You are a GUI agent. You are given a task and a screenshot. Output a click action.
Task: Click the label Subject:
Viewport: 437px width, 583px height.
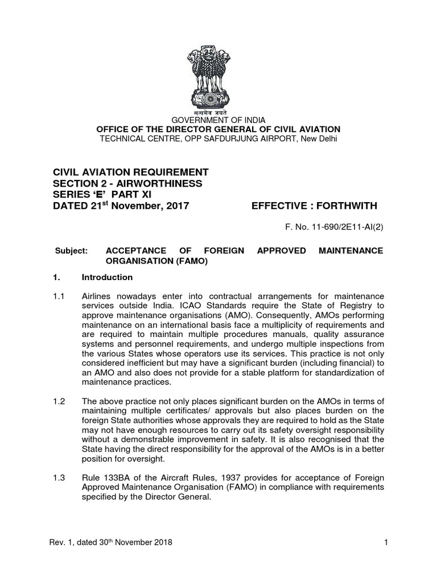tap(71, 251)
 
